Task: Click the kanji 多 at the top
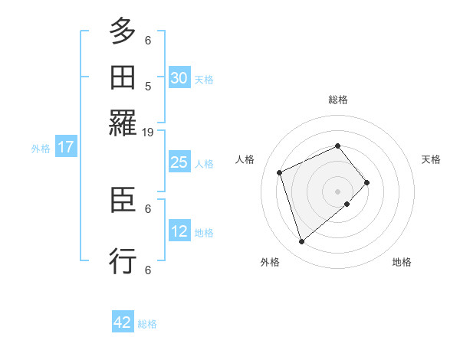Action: (x=123, y=33)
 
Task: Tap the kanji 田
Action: (x=123, y=77)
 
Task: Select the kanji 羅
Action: (x=123, y=122)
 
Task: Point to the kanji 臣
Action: (x=123, y=203)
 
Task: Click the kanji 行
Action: (x=123, y=261)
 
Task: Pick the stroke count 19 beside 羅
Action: (x=148, y=132)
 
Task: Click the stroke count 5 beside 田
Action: (x=148, y=87)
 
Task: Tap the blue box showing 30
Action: (x=179, y=78)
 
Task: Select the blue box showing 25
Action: (x=179, y=162)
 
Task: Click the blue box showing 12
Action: (x=179, y=231)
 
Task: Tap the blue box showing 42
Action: (x=123, y=323)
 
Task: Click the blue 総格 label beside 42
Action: (x=147, y=324)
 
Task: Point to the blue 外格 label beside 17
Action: (x=41, y=149)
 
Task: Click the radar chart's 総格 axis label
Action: (x=338, y=100)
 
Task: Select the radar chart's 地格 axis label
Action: (x=402, y=263)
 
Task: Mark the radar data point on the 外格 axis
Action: (x=302, y=242)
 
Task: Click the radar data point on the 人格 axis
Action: (x=280, y=172)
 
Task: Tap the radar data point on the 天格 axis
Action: (x=367, y=182)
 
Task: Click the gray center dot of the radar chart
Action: (x=338, y=191)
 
